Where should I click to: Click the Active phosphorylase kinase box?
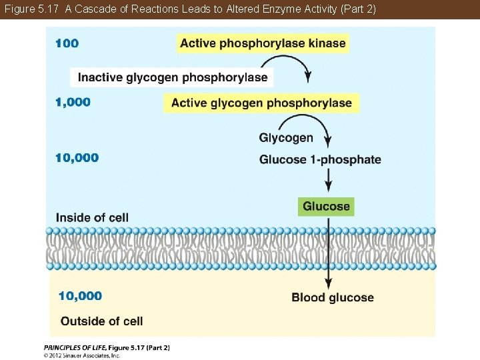[x=263, y=43]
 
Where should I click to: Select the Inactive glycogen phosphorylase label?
[x=172, y=77]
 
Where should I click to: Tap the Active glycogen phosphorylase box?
[x=261, y=103]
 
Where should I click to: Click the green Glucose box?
[x=326, y=207]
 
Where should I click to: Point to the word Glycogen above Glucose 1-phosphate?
[x=285, y=138]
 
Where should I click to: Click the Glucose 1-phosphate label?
[x=320, y=159]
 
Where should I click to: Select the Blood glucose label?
[x=333, y=297]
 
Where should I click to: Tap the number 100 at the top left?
[x=67, y=43]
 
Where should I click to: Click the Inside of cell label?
[x=92, y=217]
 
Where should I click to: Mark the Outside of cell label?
[x=101, y=321]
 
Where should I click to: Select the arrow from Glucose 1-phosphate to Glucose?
[x=328, y=180]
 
